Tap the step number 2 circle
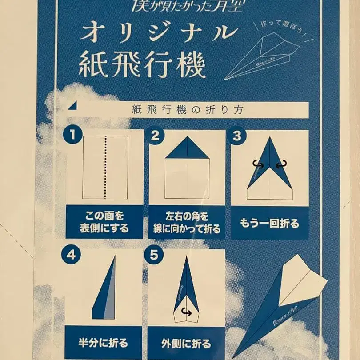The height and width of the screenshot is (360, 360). pyautogui.click(x=155, y=135)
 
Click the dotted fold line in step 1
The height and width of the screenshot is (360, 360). pyautogui.click(x=105, y=167)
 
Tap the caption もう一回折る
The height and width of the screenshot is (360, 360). pyautogui.click(x=270, y=223)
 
